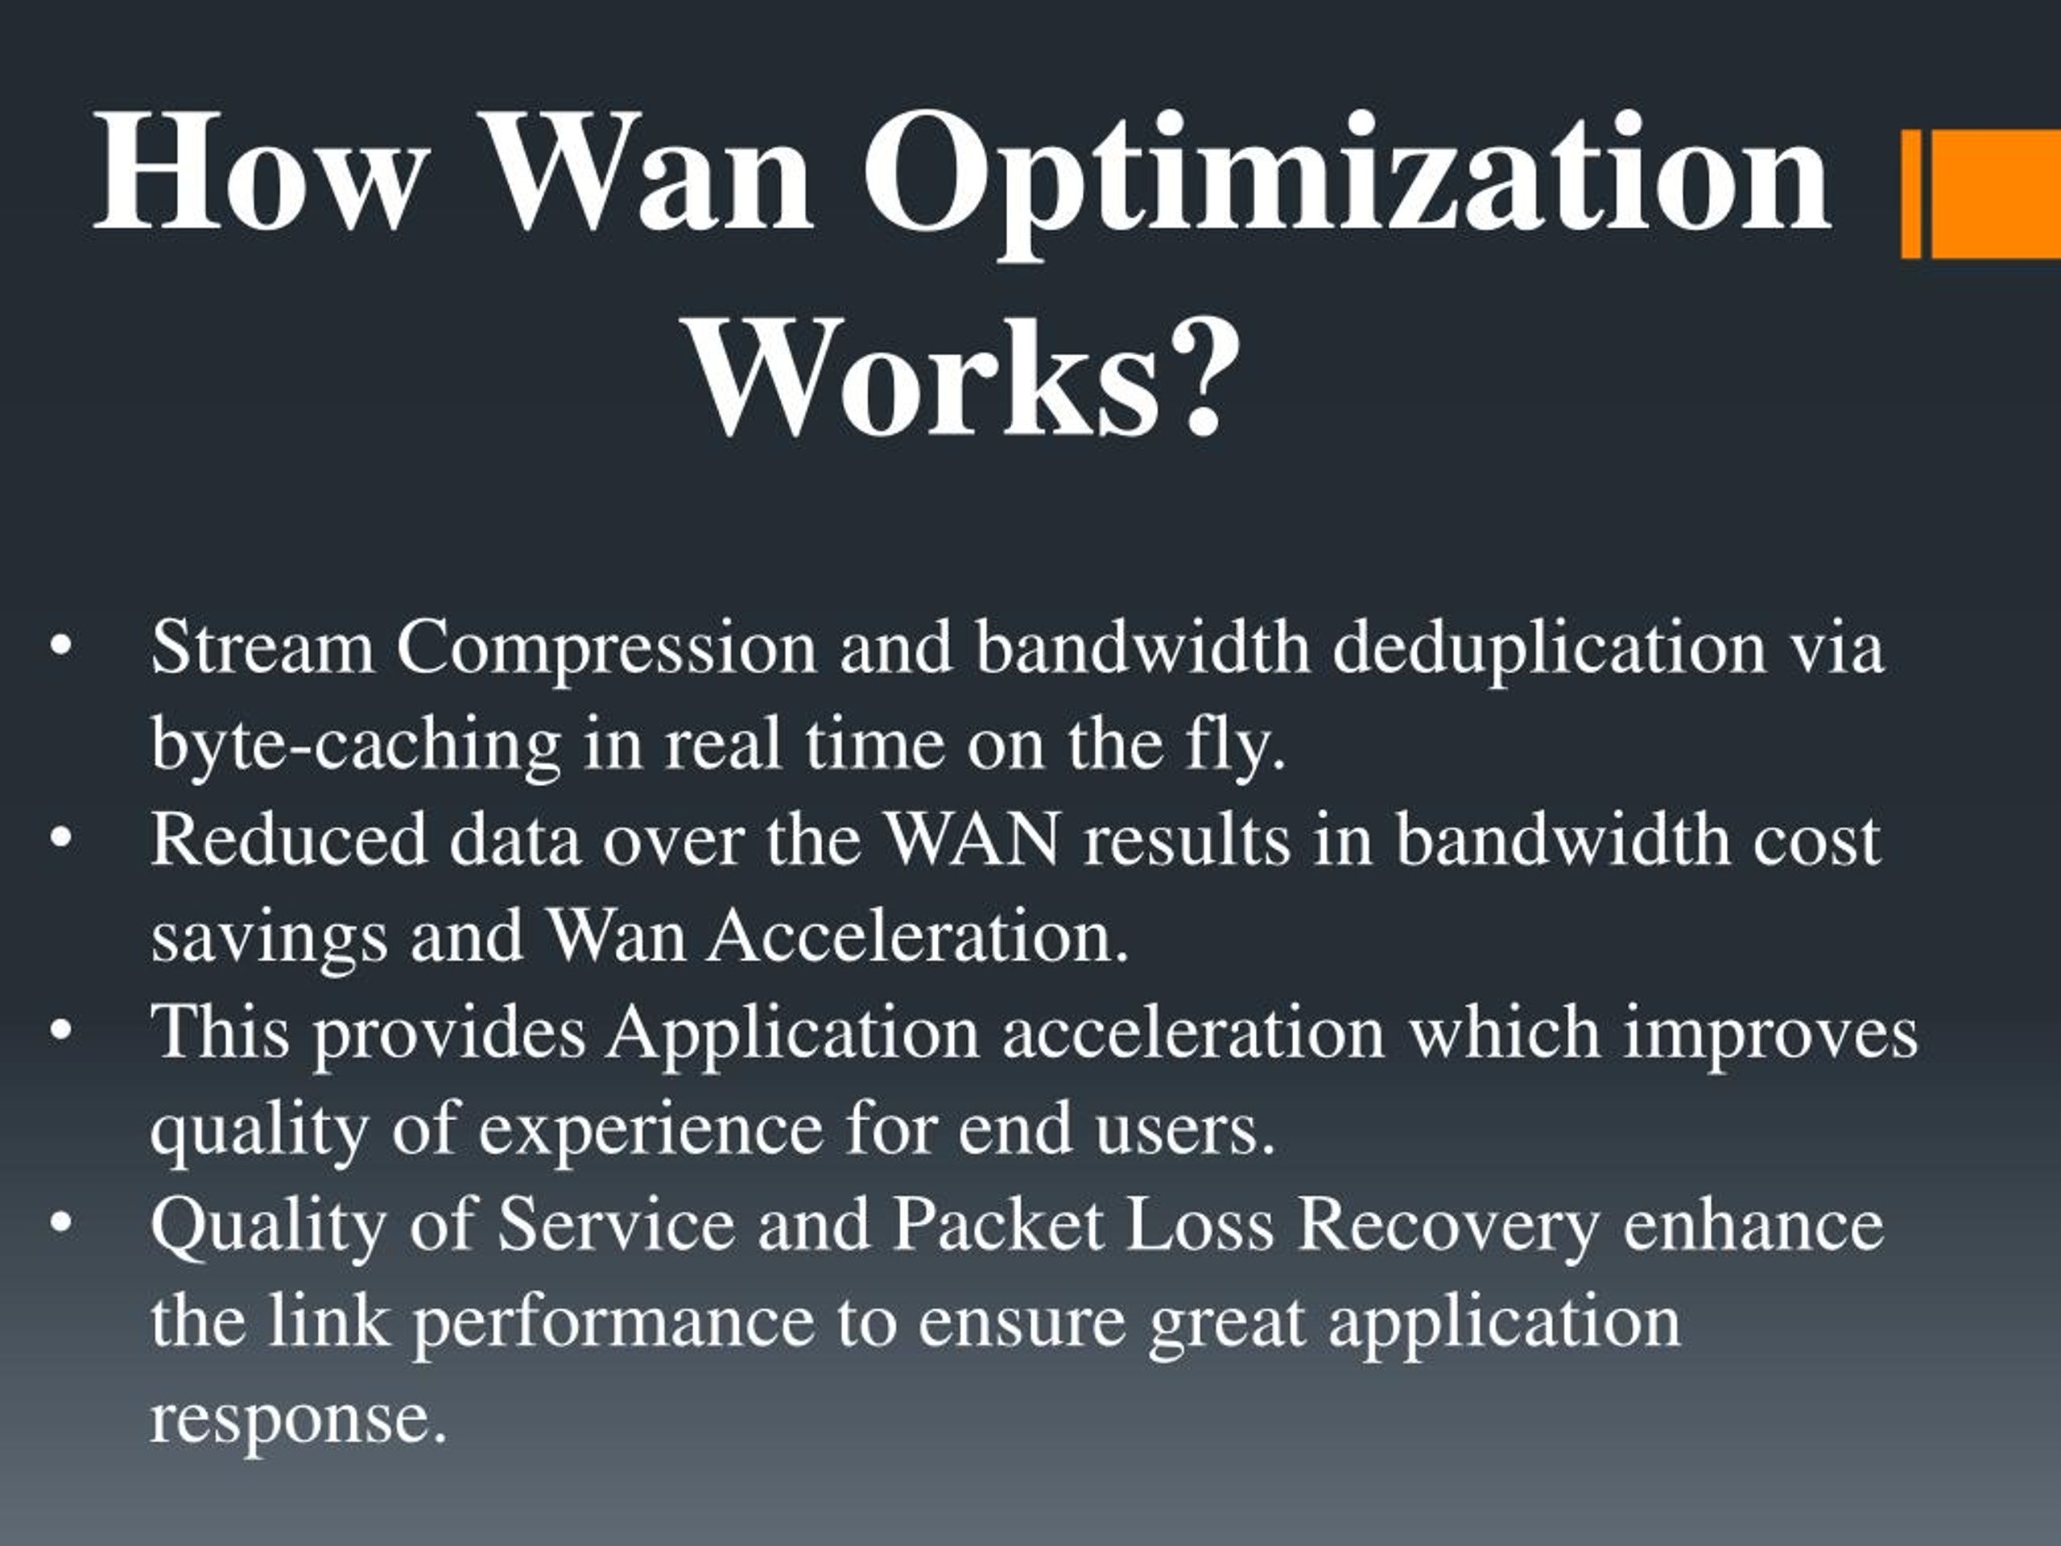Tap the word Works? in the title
click(x=964, y=380)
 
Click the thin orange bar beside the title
click(x=1911, y=194)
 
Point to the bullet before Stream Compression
click(x=61, y=647)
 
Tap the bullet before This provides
click(x=61, y=1032)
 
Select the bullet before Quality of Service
click(x=61, y=1225)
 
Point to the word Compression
click(x=606, y=647)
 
